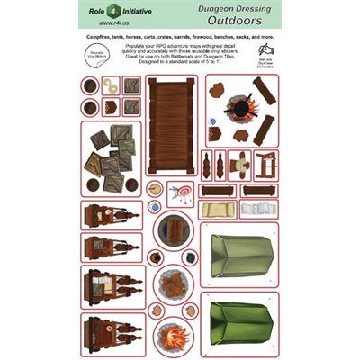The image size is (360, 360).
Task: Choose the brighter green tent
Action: click(237, 328)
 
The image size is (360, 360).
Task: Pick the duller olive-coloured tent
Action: click(237, 256)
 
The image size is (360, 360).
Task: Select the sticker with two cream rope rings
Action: click(110, 86)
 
